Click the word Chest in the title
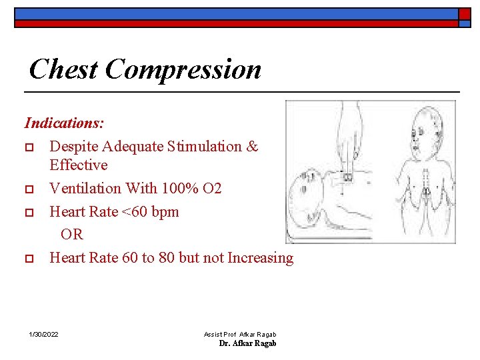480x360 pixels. point(64,69)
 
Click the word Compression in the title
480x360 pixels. point(183,69)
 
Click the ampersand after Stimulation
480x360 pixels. point(252,146)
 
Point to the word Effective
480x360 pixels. point(79,165)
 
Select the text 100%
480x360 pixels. point(178,188)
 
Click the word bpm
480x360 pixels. point(165,211)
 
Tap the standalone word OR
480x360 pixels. point(72,235)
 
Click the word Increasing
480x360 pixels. point(261,257)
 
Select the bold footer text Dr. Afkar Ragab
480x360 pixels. point(247,343)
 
